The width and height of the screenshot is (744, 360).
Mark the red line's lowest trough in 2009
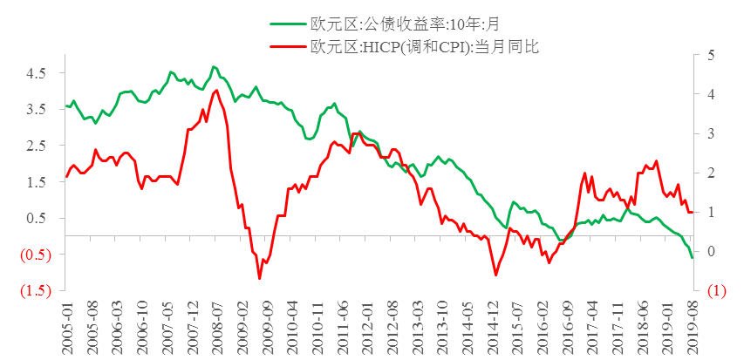pos(259,278)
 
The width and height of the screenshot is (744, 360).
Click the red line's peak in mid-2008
pos(216,90)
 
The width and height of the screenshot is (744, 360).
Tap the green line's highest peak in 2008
pos(213,66)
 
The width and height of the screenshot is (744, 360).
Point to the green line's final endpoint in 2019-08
pos(693,257)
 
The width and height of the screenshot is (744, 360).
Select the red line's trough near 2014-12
pos(496,275)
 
